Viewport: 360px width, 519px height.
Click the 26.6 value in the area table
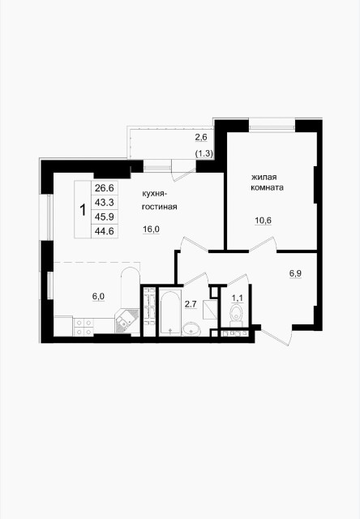pos(103,187)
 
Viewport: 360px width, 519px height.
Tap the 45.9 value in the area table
pos(103,216)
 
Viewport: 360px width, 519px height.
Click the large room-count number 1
pos(83,209)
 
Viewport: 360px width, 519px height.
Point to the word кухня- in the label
pos(155,194)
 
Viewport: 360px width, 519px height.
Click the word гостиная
pos(159,208)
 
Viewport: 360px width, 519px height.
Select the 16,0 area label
pos(152,229)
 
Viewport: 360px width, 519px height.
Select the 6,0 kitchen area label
pos(98,296)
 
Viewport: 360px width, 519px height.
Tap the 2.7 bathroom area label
pos(191,304)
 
